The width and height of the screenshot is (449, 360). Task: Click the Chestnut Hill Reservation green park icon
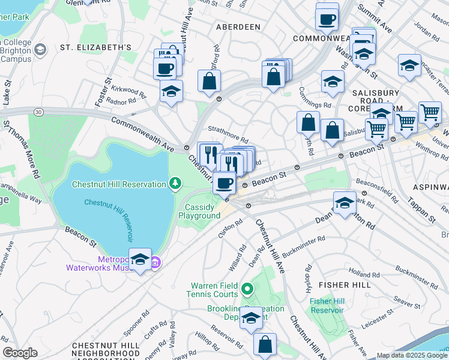coord(175,182)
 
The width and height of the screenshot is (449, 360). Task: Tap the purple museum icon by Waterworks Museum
coord(155,262)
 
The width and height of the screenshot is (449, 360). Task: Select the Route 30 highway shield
coord(39,112)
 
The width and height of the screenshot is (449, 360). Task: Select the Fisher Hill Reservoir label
coord(327,305)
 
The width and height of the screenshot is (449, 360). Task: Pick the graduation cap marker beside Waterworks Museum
coord(140,260)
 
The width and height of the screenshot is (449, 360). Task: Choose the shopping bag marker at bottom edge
coord(265,345)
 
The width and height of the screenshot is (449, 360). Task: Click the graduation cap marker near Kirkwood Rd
coord(171,92)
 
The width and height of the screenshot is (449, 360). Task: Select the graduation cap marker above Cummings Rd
coord(333,83)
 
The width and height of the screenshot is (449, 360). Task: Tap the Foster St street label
coord(101,92)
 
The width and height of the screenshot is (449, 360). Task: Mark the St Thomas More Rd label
coord(23,149)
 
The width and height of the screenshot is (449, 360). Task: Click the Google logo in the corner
coord(20,352)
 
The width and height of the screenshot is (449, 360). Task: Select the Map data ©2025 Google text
coord(411,355)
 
